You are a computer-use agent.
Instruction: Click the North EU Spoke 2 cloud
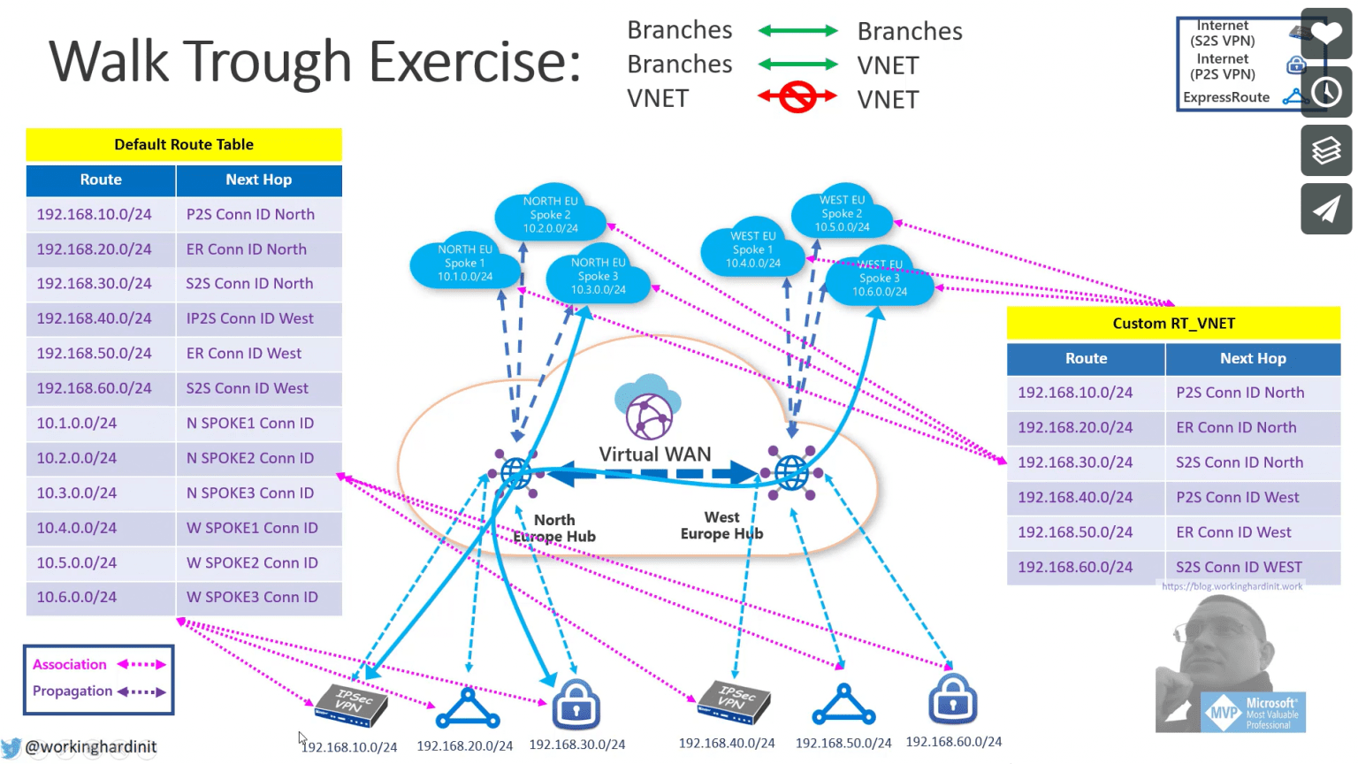(550, 215)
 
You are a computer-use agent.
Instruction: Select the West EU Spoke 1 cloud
(752, 250)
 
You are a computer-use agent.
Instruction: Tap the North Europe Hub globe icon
(516, 473)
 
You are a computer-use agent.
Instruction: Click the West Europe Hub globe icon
(791, 472)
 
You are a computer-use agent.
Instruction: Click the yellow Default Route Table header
(184, 144)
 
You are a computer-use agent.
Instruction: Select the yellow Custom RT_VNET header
(1173, 324)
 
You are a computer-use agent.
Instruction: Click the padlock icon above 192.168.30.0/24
(576, 705)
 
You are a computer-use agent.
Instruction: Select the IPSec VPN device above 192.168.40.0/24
(733, 702)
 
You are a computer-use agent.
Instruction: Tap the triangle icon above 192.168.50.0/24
(843, 706)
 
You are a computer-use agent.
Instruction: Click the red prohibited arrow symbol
(797, 97)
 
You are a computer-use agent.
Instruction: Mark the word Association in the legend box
(70, 664)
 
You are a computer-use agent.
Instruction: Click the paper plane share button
(1326, 209)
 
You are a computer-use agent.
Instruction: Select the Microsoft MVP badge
(1254, 713)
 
